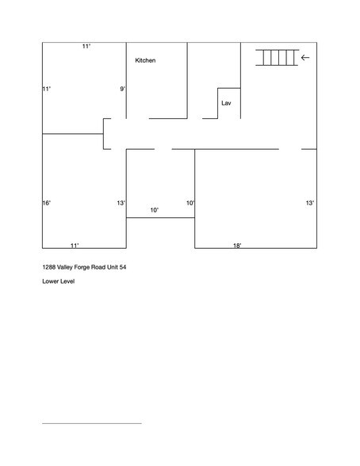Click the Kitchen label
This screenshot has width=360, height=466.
[145, 61]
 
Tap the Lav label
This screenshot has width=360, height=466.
[226, 103]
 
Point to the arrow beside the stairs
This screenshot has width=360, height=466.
[306, 57]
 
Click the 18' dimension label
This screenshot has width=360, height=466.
[237, 246]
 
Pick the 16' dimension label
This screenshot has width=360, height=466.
[47, 204]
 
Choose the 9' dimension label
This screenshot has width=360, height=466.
[123, 89]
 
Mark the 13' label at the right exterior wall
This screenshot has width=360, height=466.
[310, 204]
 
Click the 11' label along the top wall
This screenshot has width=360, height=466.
[86, 47]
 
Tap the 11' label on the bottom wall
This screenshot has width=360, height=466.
[75, 246]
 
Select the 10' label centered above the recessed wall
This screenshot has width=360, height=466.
[155, 210]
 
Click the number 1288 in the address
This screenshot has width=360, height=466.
[49, 267]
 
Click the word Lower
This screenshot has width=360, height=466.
[50, 281]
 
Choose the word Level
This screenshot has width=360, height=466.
[67, 281]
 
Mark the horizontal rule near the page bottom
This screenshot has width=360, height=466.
[91, 423]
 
